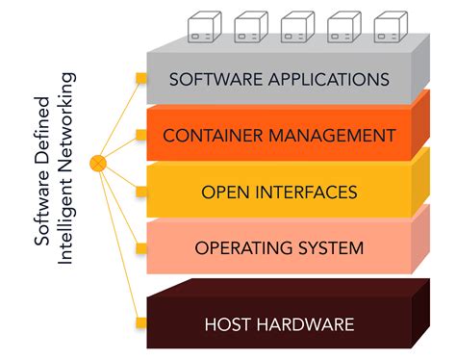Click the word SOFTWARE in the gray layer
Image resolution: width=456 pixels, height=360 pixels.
(209, 79)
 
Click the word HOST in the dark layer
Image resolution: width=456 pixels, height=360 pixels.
(228, 323)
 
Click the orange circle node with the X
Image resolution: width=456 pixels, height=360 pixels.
(97, 163)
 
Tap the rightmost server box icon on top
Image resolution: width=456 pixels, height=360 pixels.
(389, 25)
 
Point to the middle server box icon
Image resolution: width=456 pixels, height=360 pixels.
(295, 25)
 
